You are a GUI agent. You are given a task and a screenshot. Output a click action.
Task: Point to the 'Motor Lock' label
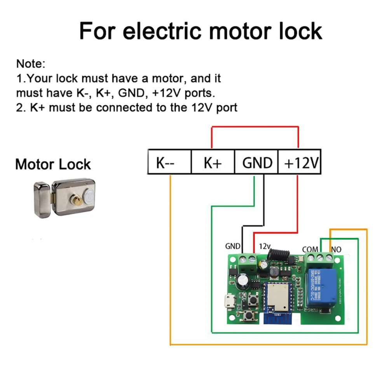click(x=53, y=164)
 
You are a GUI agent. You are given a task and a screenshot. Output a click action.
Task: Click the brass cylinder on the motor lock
click(x=78, y=200)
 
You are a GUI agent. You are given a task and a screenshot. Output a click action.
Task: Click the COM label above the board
click(x=310, y=249)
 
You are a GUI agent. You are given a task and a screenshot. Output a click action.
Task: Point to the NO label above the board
click(x=336, y=249)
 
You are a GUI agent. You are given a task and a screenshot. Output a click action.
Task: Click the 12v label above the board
click(x=265, y=246)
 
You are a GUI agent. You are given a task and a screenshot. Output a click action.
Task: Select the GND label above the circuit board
click(x=233, y=246)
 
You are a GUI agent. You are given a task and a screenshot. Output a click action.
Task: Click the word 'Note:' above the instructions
click(x=31, y=63)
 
